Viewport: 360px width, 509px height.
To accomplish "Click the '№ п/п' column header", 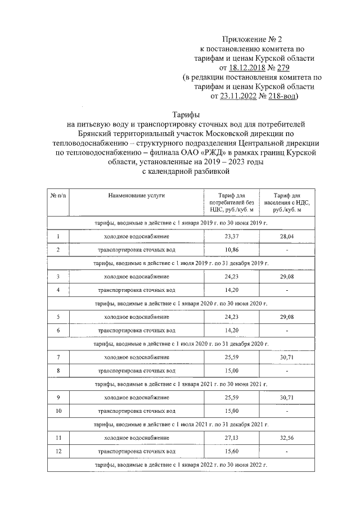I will coord(58,195).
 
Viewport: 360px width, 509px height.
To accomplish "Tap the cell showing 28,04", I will coord(287,237).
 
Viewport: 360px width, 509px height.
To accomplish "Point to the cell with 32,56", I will coord(287,438).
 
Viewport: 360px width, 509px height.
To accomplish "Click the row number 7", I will coord(58,357).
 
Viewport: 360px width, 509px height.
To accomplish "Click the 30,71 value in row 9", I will coord(287,397).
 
